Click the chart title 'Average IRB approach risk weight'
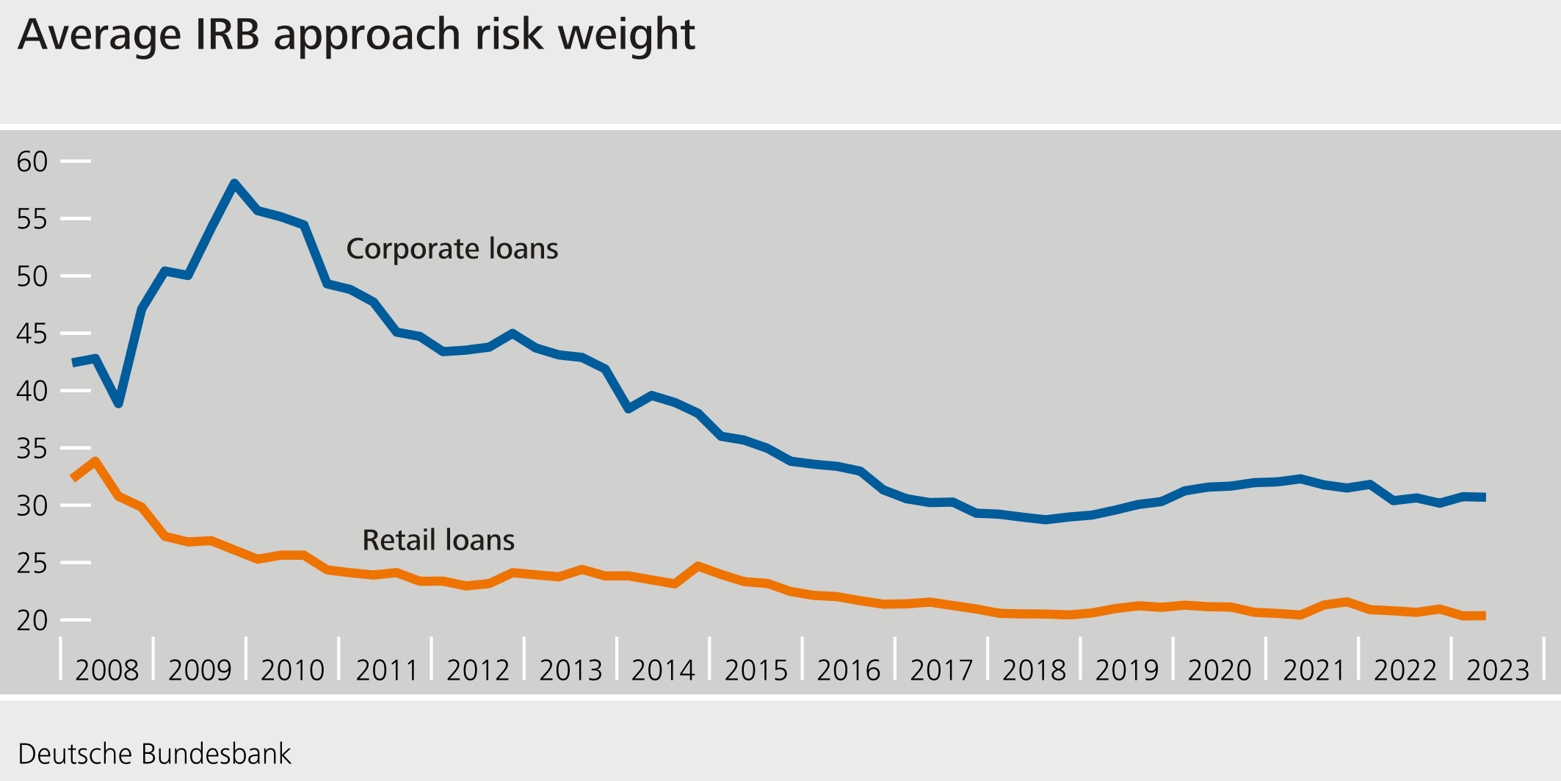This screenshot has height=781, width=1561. [x=356, y=35]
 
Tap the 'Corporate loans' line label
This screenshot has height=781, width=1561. [x=452, y=249]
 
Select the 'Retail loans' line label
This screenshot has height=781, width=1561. [x=438, y=541]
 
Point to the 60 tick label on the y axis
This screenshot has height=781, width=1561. [x=32, y=162]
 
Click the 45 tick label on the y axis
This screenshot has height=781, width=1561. [x=32, y=334]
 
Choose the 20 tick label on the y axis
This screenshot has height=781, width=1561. [x=32, y=621]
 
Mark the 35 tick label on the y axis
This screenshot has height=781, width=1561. [x=32, y=449]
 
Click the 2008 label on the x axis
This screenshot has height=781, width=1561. [x=106, y=670]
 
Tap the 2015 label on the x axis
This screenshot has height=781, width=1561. [x=756, y=670]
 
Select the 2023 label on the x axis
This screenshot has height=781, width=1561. [x=1498, y=670]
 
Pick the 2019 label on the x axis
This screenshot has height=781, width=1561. [x=1126, y=670]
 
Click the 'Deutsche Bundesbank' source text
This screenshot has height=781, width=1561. [x=154, y=755]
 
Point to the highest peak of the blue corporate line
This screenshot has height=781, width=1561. [x=234, y=183]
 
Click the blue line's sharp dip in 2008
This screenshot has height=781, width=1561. [x=118, y=403]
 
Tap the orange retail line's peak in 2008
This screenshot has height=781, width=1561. [x=95, y=461]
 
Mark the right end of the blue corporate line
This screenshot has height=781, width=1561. [x=1484, y=497]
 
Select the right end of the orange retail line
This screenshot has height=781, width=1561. [x=1484, y=616]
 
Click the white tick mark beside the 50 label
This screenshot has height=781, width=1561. [x=76, y=276]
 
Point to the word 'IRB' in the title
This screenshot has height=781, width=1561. [x=227, y=35]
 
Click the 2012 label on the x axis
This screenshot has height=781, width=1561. [x=477, y=670]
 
